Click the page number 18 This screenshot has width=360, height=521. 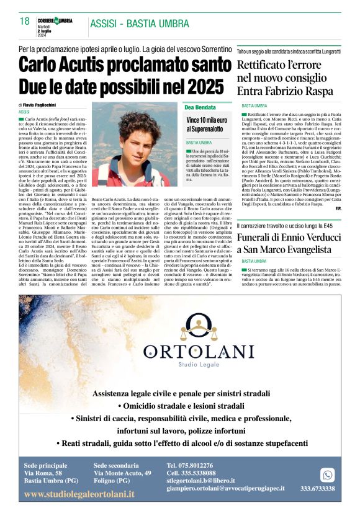coord(24,21)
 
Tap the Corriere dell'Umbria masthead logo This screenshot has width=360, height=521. coord(55,20)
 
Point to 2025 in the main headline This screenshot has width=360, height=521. coord(205,84)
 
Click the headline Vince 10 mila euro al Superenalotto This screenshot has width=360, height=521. coord(207,123)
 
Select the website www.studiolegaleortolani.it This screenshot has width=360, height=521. coord(79,494)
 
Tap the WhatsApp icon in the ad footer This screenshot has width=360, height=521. coord(327,474)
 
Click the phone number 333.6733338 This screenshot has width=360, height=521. coord(317,489)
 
